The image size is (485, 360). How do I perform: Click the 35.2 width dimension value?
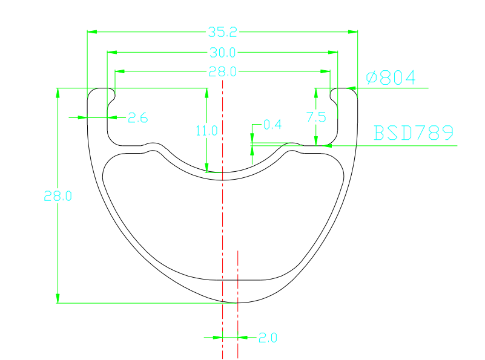click(222, 31)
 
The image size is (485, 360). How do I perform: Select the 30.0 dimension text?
click(222, 52)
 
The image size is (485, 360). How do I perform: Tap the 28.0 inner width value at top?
click(222, 71)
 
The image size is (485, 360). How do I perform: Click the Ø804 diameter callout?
click(391, 77)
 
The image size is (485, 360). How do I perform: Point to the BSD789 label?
click(414, 133)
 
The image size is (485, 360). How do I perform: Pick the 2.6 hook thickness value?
click(138, 118)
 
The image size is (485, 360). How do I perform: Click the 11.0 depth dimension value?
click(206, 129)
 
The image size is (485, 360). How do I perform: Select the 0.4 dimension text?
click(272, 125)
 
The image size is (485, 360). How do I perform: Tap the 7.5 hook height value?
click(316, 117)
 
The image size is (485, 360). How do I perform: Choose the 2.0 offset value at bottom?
click(268, 338)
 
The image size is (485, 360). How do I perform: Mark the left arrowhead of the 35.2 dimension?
click(92, 31)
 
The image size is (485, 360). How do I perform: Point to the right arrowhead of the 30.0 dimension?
click(333, 52)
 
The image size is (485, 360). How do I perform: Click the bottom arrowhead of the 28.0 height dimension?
click(58, 298)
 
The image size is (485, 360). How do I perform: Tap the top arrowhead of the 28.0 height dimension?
click(58, 93)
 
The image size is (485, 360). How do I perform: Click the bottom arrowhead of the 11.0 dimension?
click(206, 168)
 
